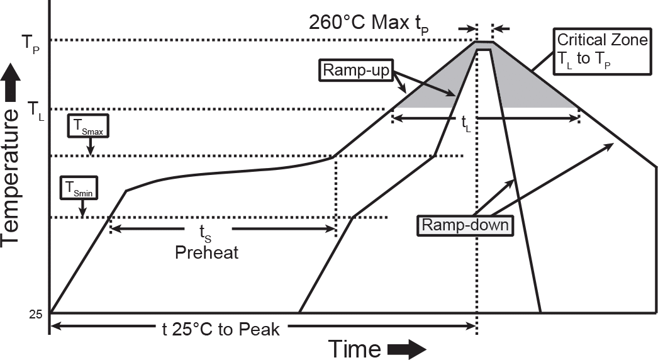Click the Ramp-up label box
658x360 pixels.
click(356, 70)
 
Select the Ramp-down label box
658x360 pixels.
click(465, 225)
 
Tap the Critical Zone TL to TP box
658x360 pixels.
click(601, 51)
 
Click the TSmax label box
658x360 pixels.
click(89, 126)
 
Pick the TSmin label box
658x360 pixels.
click(79, 188)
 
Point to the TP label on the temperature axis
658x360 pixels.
click(31, 43)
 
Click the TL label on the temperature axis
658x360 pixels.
click(36, 111)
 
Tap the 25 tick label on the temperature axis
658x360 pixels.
click(36, 313)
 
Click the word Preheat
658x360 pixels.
click(206, 252)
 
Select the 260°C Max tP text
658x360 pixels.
click(369, 23)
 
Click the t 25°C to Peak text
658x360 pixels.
click(221, 329)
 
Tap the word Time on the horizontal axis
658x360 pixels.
click(355, 348)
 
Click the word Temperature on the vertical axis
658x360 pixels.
click(10, 176)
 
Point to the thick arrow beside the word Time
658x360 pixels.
click(406, 349)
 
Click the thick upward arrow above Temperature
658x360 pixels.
click(10, 82)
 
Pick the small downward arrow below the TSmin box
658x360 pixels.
click(82, 208)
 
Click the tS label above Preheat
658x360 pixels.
click(205, 233)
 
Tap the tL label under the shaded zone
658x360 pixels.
click(466, 124)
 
